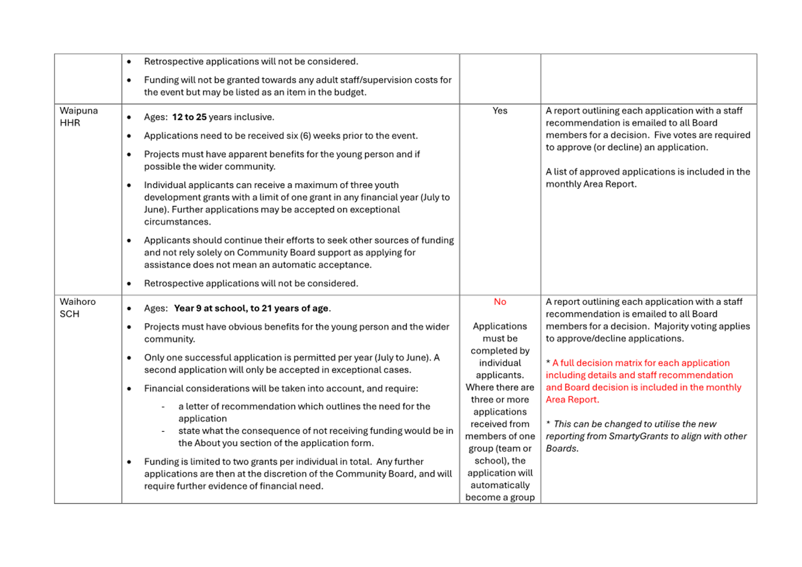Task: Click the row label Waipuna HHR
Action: tap(78, 117)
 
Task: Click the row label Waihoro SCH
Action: tap(77, 308)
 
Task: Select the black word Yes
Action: tap(500, 111)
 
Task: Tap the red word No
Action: tap(500, 302)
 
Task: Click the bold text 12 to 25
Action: tap(189, 117)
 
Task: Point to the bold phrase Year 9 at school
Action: tap(210, 308)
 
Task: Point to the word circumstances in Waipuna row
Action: tap(177, 222)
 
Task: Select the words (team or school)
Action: tap(500, 454)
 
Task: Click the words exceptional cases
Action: tap(372, 370)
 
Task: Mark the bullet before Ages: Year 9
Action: tap(129, 308)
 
